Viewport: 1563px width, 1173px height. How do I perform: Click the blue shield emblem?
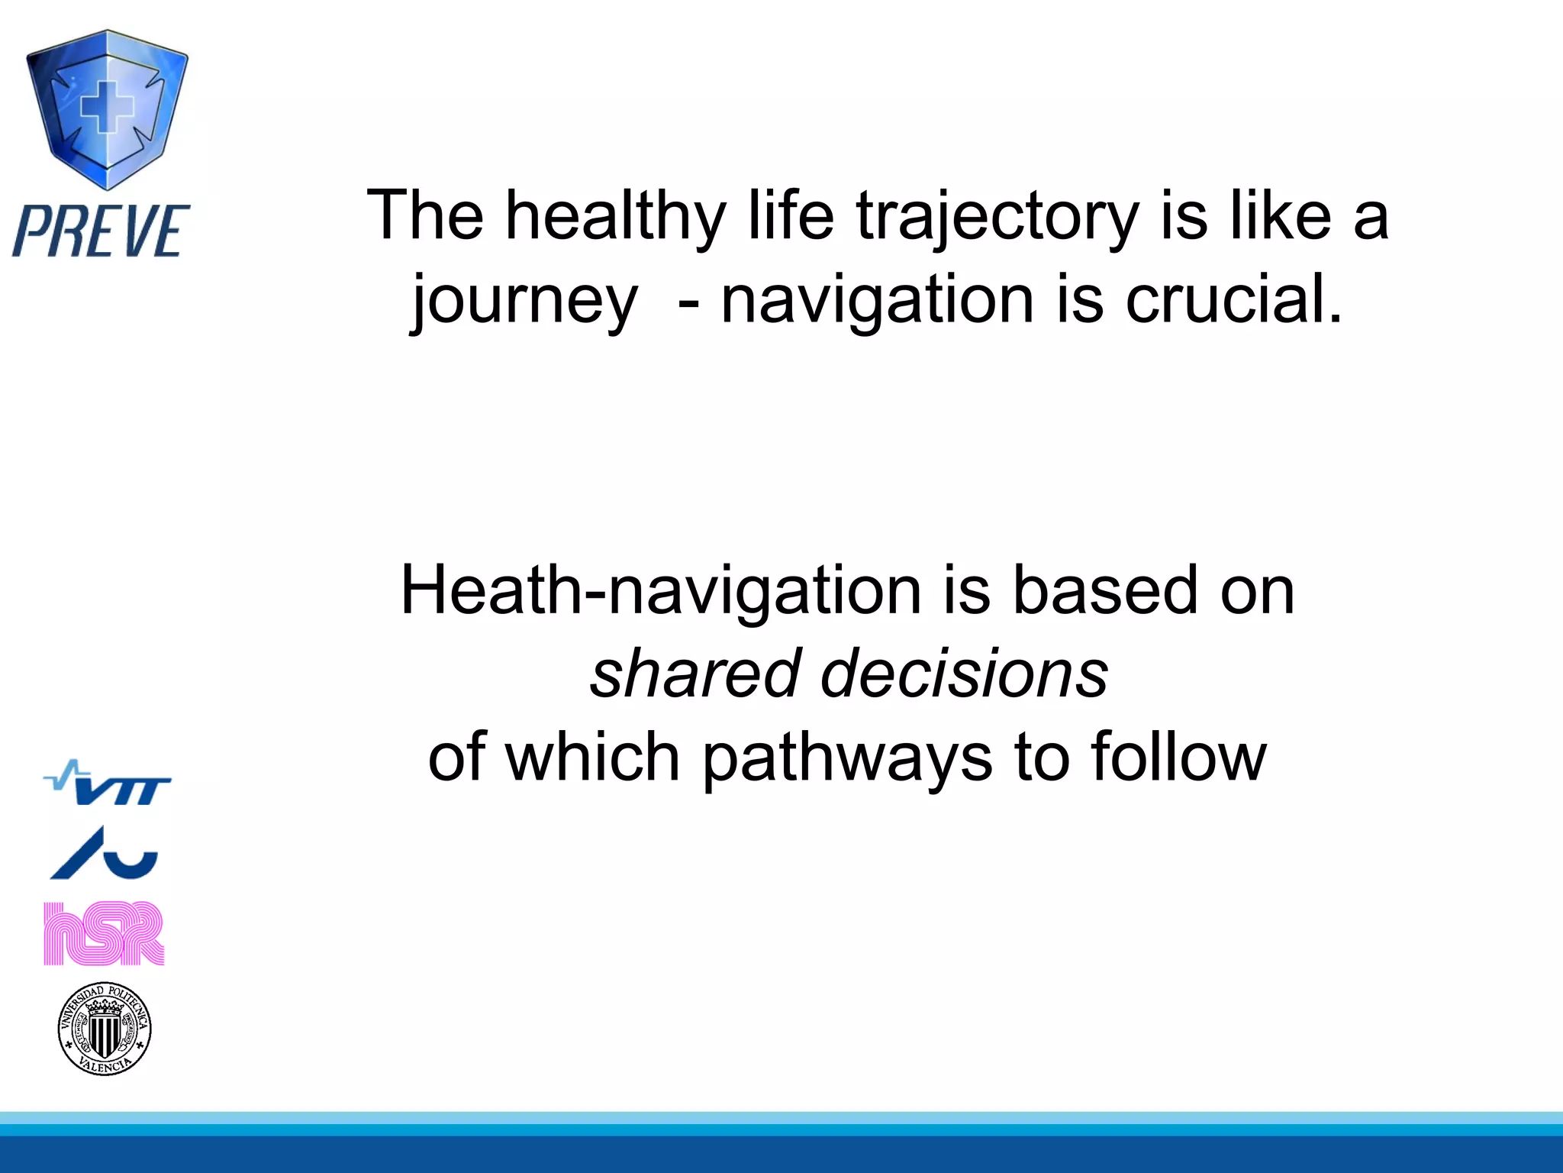(107, 111)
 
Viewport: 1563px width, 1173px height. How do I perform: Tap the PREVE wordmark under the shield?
(101, 231)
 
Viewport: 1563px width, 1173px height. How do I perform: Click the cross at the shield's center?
(107, 107)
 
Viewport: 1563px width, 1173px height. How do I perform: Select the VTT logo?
(108, 784)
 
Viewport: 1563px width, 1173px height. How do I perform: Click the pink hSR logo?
(104, 933)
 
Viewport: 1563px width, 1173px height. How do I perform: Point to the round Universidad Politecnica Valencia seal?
(105, 1029)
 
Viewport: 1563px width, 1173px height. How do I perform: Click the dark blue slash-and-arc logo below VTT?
(105, 854)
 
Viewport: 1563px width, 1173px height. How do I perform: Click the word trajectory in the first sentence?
(997, 217)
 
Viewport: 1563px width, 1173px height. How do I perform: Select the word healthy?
(615, 217)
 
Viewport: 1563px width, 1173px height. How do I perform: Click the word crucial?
(1233, 299)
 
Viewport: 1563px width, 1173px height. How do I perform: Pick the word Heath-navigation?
(661, 591)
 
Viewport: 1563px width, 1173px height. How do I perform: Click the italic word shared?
(694, 674)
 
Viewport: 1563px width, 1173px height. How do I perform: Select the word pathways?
(847, 758)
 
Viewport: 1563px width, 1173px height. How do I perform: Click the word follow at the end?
(1178, 758)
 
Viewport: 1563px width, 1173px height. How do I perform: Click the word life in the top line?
(791, 217)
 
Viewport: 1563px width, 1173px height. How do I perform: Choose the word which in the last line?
(592, 758)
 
